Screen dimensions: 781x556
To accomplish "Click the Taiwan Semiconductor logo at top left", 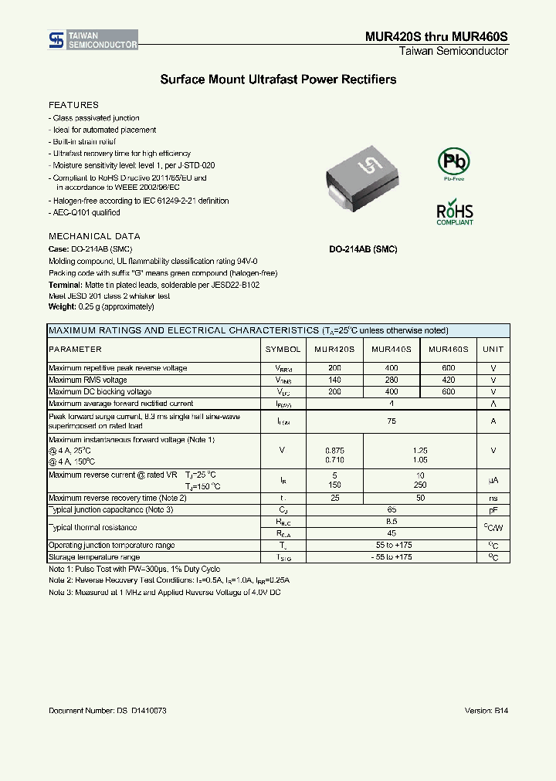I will (93, 41).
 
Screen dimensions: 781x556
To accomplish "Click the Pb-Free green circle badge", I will (454, 162).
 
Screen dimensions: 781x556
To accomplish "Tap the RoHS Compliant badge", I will (455, 213).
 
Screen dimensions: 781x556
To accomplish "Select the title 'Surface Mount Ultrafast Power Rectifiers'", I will (278, 79).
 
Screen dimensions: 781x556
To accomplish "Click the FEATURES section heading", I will (73, 105).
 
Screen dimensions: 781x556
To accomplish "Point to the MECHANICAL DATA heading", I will (94, 236).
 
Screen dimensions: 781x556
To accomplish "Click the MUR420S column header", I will (334, 350).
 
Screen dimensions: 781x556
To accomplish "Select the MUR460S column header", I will (448, 350).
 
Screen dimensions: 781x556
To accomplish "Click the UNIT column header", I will (493, 350).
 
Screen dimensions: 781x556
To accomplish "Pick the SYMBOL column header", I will (283, 350).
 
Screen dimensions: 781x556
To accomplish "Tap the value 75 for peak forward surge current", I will (392, 421).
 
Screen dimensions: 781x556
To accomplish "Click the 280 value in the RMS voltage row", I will (391, 380).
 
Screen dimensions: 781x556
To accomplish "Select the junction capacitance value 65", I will (392, 510).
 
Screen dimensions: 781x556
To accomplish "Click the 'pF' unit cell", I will (493, 510).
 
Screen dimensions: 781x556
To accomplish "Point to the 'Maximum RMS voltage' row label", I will (88, 380).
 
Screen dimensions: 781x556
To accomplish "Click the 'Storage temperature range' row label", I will (94, 556).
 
